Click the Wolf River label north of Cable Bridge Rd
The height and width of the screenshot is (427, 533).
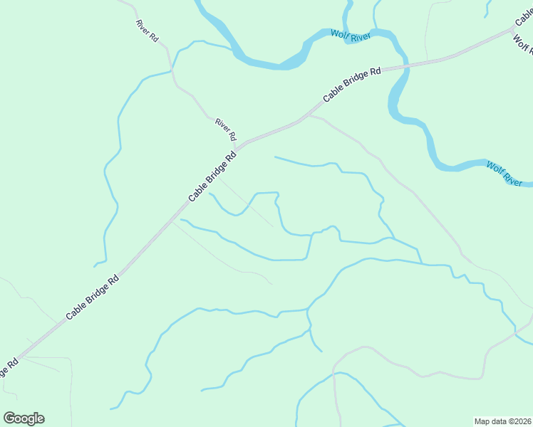350,34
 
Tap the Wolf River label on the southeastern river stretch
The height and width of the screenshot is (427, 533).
504,174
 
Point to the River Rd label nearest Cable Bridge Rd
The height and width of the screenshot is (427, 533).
226,130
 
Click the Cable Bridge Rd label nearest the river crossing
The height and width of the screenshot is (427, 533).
352,84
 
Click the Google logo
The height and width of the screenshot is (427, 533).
24,418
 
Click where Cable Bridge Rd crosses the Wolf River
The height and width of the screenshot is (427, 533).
398,66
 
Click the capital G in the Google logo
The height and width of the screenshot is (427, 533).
9,418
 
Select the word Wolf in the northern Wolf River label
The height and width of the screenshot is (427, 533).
338,33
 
